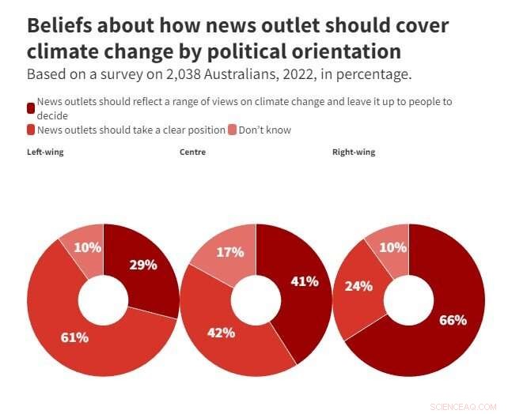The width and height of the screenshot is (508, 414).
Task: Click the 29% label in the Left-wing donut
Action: [142, 265]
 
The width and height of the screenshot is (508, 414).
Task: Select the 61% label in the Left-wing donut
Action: [74, 337]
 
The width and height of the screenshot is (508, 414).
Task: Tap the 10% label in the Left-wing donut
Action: [88, 247]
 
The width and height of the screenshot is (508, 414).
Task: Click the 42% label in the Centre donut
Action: [222, 333]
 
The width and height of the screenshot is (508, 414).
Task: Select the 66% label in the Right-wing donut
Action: [453, 320]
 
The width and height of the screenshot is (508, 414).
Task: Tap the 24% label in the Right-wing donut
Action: [358, 286]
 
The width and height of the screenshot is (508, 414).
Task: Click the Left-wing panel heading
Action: [45, 152]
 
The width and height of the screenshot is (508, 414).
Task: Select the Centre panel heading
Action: [192, 152]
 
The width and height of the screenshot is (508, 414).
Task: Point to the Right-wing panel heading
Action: [354, 152]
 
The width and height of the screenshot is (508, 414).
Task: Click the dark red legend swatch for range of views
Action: [31, 107]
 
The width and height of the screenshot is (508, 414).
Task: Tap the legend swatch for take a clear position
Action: [31, 130]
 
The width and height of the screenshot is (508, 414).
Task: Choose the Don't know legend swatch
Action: [232, 130]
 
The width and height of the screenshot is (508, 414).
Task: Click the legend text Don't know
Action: [264, 130]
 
